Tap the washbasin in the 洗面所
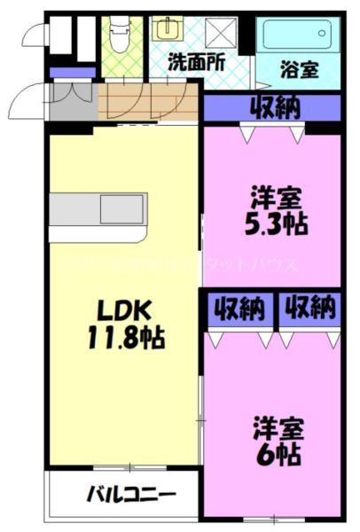[x=165, y=28]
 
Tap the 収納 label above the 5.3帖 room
[x=273, y=107]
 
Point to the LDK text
[x=124, y=311]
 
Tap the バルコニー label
[x=130, y=495]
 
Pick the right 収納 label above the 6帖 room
[x=310, y=309]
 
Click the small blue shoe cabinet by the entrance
[x=61, y=72]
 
